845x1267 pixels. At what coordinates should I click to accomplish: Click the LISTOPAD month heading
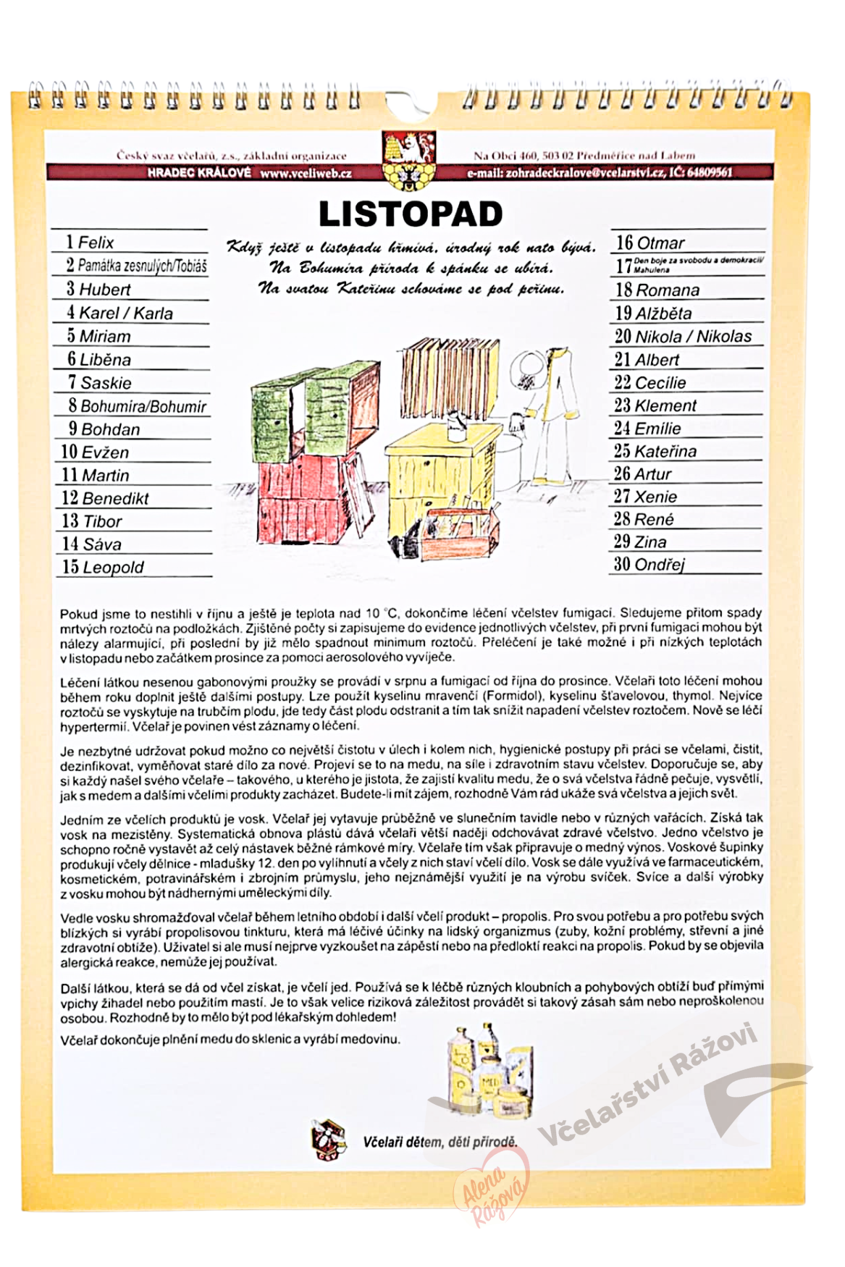point(411,214)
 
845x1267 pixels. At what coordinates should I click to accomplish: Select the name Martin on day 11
point(106,476)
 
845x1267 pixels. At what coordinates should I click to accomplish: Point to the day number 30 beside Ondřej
point(622,564)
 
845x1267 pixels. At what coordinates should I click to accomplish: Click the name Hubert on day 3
point(105,290)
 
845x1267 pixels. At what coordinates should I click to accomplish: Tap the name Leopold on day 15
point(113,568)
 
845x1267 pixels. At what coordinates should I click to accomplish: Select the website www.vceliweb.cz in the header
point(306,174)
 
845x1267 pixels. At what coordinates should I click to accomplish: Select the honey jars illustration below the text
point(487,1069)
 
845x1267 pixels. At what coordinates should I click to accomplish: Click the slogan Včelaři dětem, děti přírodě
point(440,1142)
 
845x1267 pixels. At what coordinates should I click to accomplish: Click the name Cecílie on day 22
point(660,383)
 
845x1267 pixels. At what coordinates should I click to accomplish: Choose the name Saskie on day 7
point(106,383)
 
